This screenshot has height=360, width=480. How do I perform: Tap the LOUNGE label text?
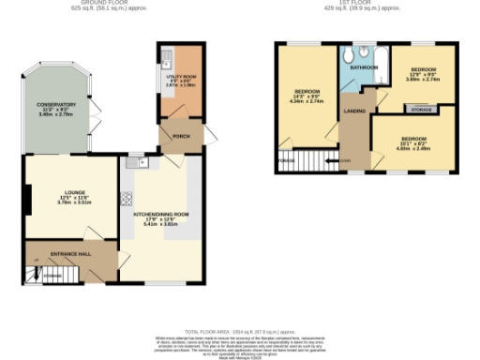(x=62, y=192)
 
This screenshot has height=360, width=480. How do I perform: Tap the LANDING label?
(x=354, y=112)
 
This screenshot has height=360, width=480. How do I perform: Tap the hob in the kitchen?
(x=127, y=198)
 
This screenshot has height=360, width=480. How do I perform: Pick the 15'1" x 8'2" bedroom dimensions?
(x=414, y=143)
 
